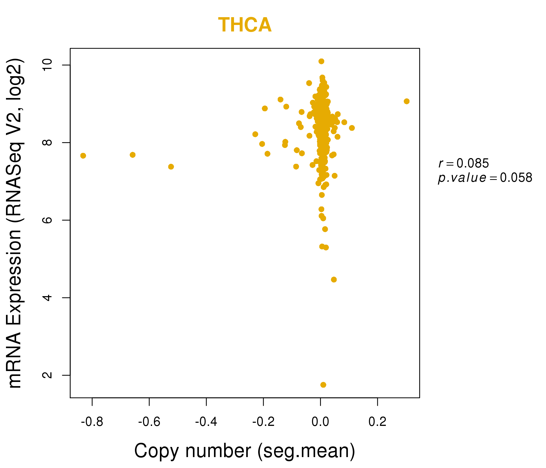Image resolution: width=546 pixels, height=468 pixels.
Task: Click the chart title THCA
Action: (x=245, y=25)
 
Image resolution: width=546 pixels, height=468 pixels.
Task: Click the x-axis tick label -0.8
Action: (x=92, y=422)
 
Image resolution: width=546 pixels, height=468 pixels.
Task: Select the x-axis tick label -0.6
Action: (x=149, y=422)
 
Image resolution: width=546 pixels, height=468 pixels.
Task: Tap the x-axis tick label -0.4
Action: (x=206, y=422)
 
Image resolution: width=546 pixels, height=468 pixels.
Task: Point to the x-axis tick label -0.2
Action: (x=263, y=422)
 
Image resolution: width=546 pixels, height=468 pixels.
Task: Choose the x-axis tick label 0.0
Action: (x=320, y=422)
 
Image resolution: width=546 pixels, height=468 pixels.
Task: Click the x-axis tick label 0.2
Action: (x=377, y=422)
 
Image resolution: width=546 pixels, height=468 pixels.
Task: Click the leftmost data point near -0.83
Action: (x=83, y=156)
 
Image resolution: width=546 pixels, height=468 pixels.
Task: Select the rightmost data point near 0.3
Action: (x=407, y=101)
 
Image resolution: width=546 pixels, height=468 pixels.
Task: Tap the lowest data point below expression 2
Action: (x=323, y=385)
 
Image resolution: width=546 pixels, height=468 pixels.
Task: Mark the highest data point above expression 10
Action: (x=321, y=61)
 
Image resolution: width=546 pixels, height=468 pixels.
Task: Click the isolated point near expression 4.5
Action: (x=334, y=279)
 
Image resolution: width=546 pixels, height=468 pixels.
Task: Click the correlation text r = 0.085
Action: (x=464, y=163)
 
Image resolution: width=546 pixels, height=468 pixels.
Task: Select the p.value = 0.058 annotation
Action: (x=485, y=178)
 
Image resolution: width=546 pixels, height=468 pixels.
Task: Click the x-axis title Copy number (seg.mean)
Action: (x=245, y=451)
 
